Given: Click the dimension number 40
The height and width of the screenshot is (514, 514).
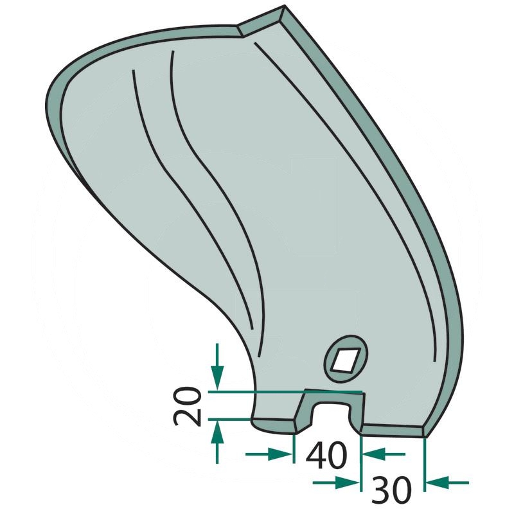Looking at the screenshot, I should (326, 454).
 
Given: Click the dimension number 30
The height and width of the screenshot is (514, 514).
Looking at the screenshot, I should (392, 492).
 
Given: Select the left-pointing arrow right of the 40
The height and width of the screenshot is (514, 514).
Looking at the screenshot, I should (373, 454).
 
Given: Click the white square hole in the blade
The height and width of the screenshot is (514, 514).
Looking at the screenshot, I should (346, 359).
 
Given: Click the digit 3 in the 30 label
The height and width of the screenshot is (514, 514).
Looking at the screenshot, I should (380, 492).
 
